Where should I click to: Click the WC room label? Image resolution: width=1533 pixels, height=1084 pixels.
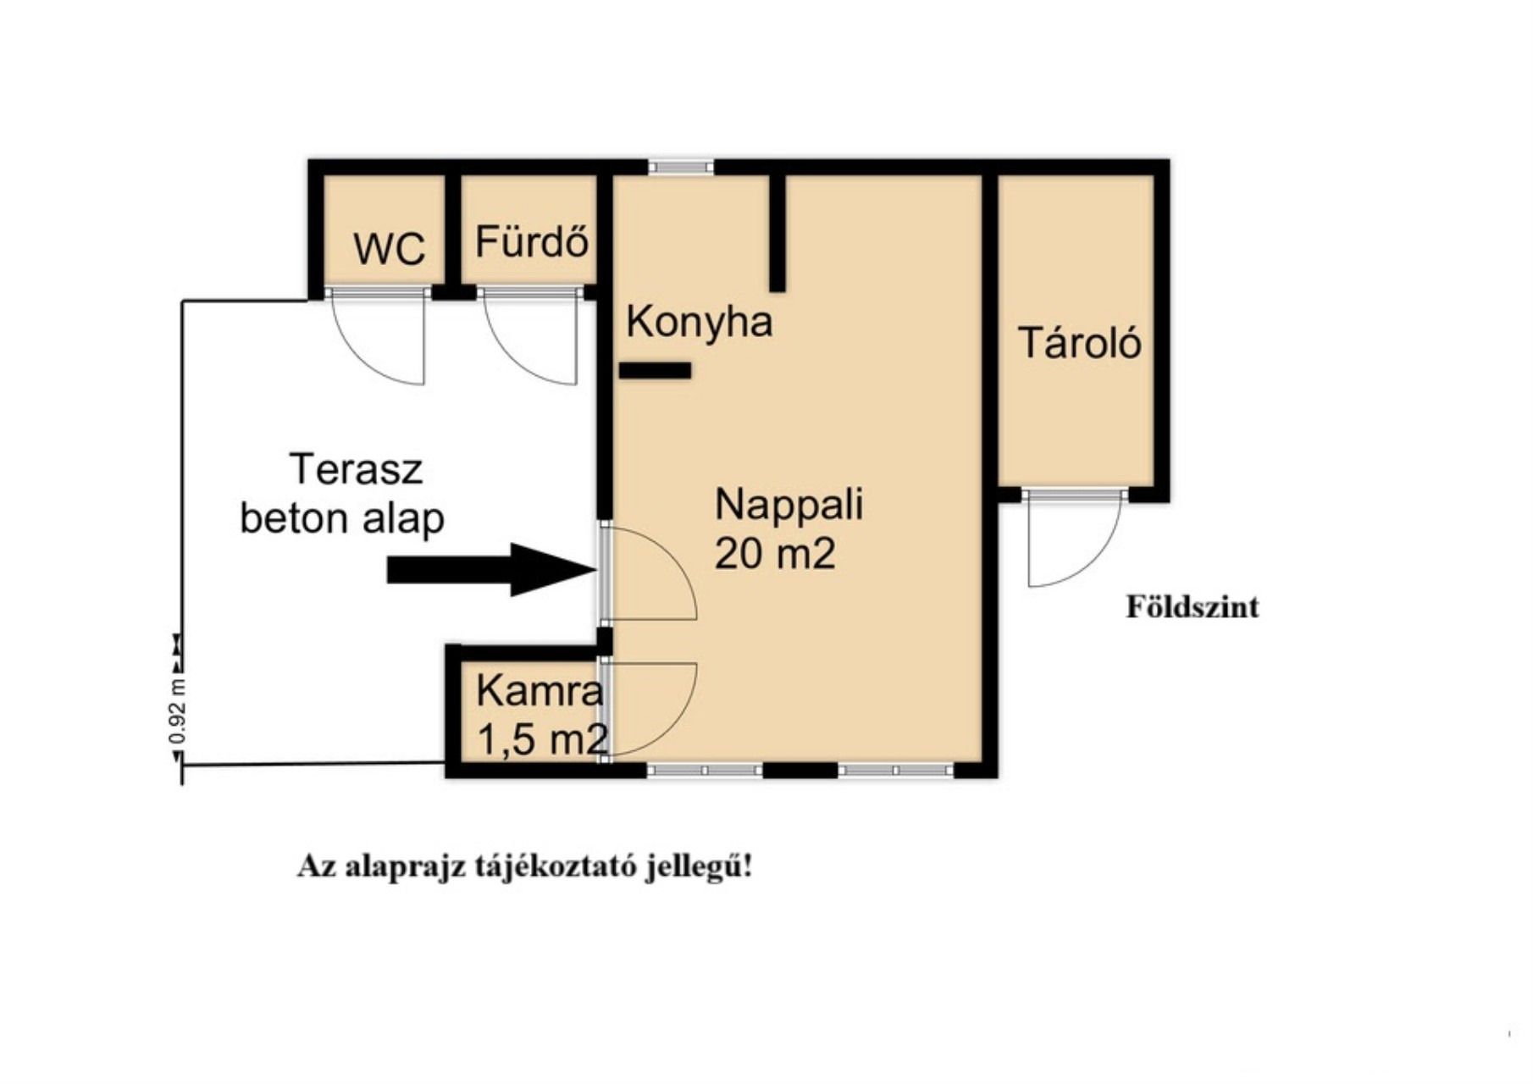click(x=389, y=249)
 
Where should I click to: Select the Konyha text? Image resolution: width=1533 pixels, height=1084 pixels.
click(x=700, y=322)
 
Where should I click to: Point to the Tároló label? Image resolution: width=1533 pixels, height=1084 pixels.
click(x=1080, y=342)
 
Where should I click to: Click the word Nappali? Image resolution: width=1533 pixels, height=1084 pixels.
click(x=789, y=506)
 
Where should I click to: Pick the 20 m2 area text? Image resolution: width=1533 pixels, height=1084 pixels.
click(x=775, y=554)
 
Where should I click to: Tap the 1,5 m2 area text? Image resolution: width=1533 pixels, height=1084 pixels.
click(x=542, y=739)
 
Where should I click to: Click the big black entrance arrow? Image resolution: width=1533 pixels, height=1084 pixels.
click(x=492, y=569)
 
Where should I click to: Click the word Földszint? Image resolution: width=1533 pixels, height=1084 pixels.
click(x=1192, y=606)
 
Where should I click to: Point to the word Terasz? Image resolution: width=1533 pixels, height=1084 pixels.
click(x=356, y=468)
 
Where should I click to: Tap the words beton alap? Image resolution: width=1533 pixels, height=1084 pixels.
click(x=342, y=517)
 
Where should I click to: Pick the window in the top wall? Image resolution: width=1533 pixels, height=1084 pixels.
click(x=681, y=167)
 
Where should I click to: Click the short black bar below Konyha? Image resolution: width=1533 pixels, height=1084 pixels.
click(x=655, y=370)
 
